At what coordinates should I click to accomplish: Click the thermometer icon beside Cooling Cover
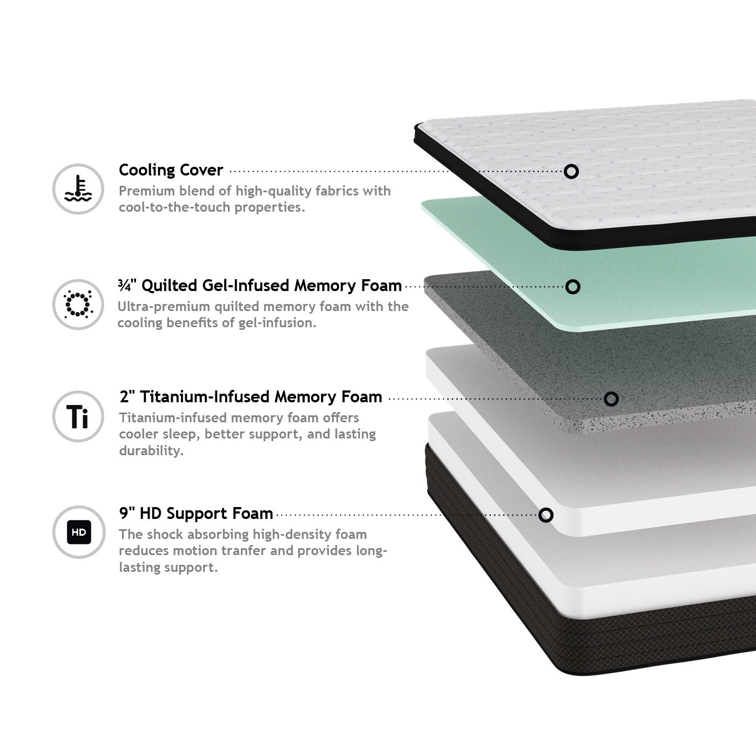(78, 188)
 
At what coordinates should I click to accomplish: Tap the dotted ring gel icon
(78, 304)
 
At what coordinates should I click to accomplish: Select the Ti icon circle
(78, 416)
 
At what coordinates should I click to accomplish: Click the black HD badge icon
(79, 532)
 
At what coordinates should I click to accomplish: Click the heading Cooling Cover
(171, 170)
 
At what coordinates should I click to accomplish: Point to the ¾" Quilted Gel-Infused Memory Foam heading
(260, 286)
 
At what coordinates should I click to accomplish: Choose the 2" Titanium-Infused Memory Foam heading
(251, 397)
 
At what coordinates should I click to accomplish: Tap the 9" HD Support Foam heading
(196, 513)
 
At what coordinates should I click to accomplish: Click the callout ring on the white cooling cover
(571, 171)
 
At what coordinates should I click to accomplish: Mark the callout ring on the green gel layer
(573, 287)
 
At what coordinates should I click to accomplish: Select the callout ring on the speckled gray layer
(611, 399)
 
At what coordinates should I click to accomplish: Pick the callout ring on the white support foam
(546, 515)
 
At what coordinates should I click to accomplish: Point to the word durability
(151, 450)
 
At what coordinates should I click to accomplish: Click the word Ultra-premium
(164, 307)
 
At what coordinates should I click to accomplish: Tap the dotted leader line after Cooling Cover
(396, 171)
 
